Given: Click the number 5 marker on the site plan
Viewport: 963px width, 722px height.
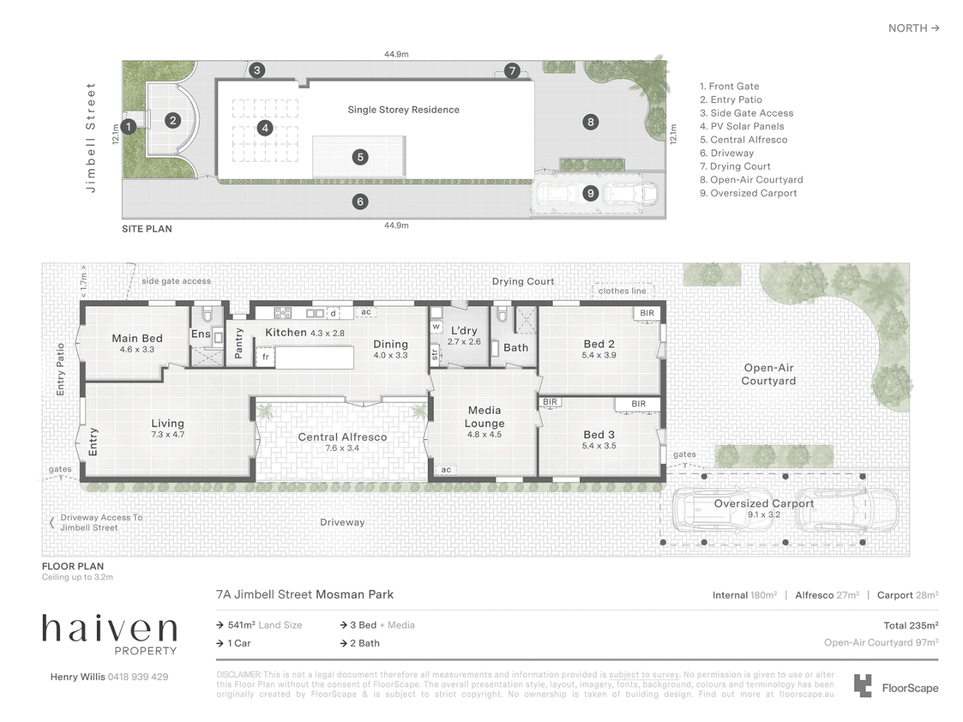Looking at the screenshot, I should (360, 157).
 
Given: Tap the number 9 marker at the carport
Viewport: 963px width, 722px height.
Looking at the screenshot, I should (590, 193).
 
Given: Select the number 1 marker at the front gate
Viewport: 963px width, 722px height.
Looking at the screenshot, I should (129, 126).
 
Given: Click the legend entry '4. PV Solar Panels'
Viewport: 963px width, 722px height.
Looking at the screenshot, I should (742, 126).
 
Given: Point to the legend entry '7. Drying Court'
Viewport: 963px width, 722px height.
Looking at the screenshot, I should (735, 166).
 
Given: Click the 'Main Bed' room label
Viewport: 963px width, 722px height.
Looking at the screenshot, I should (137, 338).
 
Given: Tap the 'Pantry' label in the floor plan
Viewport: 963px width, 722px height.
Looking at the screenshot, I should (239, 343).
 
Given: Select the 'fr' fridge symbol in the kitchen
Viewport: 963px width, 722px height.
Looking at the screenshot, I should (265, 357).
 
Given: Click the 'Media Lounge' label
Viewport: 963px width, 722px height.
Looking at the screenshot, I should (484, 416).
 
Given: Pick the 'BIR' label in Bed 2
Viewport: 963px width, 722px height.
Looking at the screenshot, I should (647, 313).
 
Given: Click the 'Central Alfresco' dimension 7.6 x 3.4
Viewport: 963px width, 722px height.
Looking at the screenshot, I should (342, 449).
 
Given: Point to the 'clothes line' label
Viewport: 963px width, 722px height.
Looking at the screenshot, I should (622, 291).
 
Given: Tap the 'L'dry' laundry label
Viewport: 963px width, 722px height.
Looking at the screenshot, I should (463, 331).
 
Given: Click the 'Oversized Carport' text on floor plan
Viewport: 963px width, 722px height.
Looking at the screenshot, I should (764, 503).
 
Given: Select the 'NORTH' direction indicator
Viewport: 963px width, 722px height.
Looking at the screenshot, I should (914, 28).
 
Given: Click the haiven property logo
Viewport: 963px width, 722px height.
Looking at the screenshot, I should (110, 634).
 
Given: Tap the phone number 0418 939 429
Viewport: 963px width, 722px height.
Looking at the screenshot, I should (138, 677).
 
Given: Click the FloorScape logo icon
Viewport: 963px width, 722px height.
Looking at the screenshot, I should (863, 686).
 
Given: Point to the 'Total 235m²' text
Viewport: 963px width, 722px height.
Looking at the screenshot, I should (910, 626).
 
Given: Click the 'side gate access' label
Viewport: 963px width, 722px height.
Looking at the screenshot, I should (176, 281).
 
